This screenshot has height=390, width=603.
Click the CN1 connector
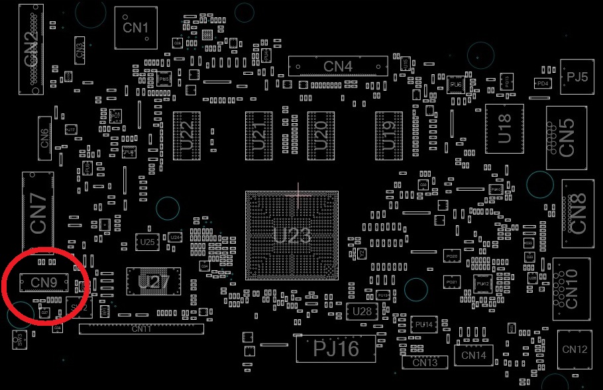click(136, 28)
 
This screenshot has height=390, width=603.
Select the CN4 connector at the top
click(338, 66)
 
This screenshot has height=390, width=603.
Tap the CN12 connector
click(574, 350)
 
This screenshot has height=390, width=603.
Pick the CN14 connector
click(474, 356)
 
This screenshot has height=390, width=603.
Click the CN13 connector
click(424, 363)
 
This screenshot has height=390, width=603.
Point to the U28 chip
click(362, 311)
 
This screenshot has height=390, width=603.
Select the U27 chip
click(154, 282)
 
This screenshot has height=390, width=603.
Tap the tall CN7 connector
click(38, 212)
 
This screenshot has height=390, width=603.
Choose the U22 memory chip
click(186, 136)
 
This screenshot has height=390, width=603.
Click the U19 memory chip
click(389, 136)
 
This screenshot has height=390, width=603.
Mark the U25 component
click(147, 242)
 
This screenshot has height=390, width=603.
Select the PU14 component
click(423, 325)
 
